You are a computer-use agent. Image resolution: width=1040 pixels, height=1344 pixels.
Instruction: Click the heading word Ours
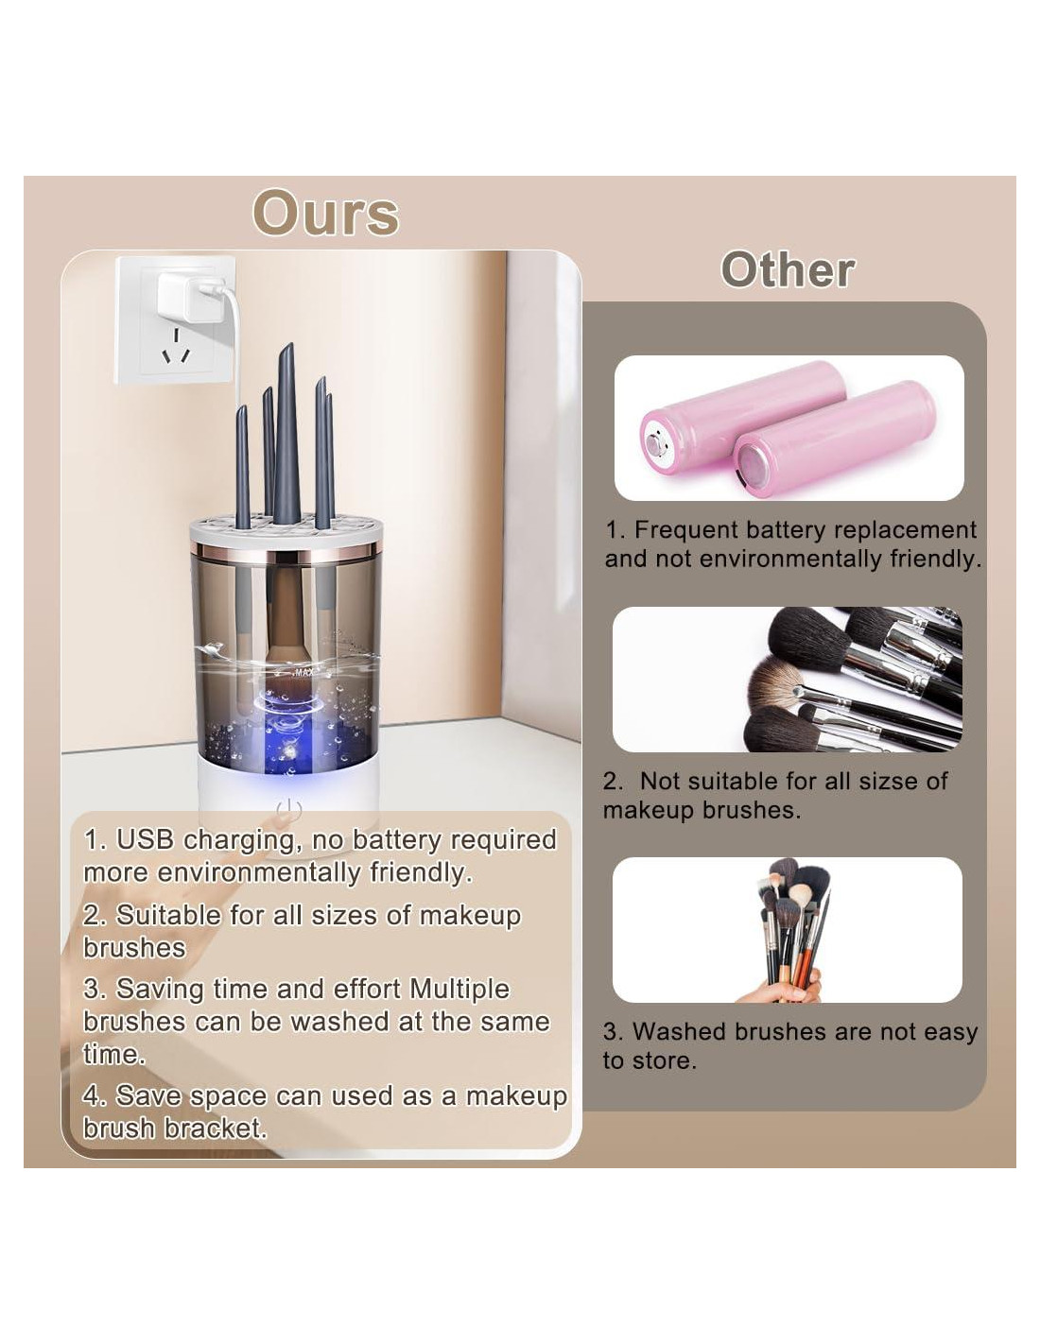point(325,214)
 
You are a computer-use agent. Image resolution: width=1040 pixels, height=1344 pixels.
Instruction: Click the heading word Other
point(788,269)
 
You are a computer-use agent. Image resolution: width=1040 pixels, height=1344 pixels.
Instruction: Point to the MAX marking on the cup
point(303,672)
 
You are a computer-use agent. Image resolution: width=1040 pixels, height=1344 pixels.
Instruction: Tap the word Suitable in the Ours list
point(168,915)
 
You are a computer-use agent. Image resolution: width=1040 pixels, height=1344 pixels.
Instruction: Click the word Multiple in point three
point(459,990)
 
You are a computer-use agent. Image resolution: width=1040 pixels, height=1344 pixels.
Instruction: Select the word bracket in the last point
point(216,1129)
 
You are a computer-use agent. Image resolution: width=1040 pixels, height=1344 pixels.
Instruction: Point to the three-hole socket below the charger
point(176,348)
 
